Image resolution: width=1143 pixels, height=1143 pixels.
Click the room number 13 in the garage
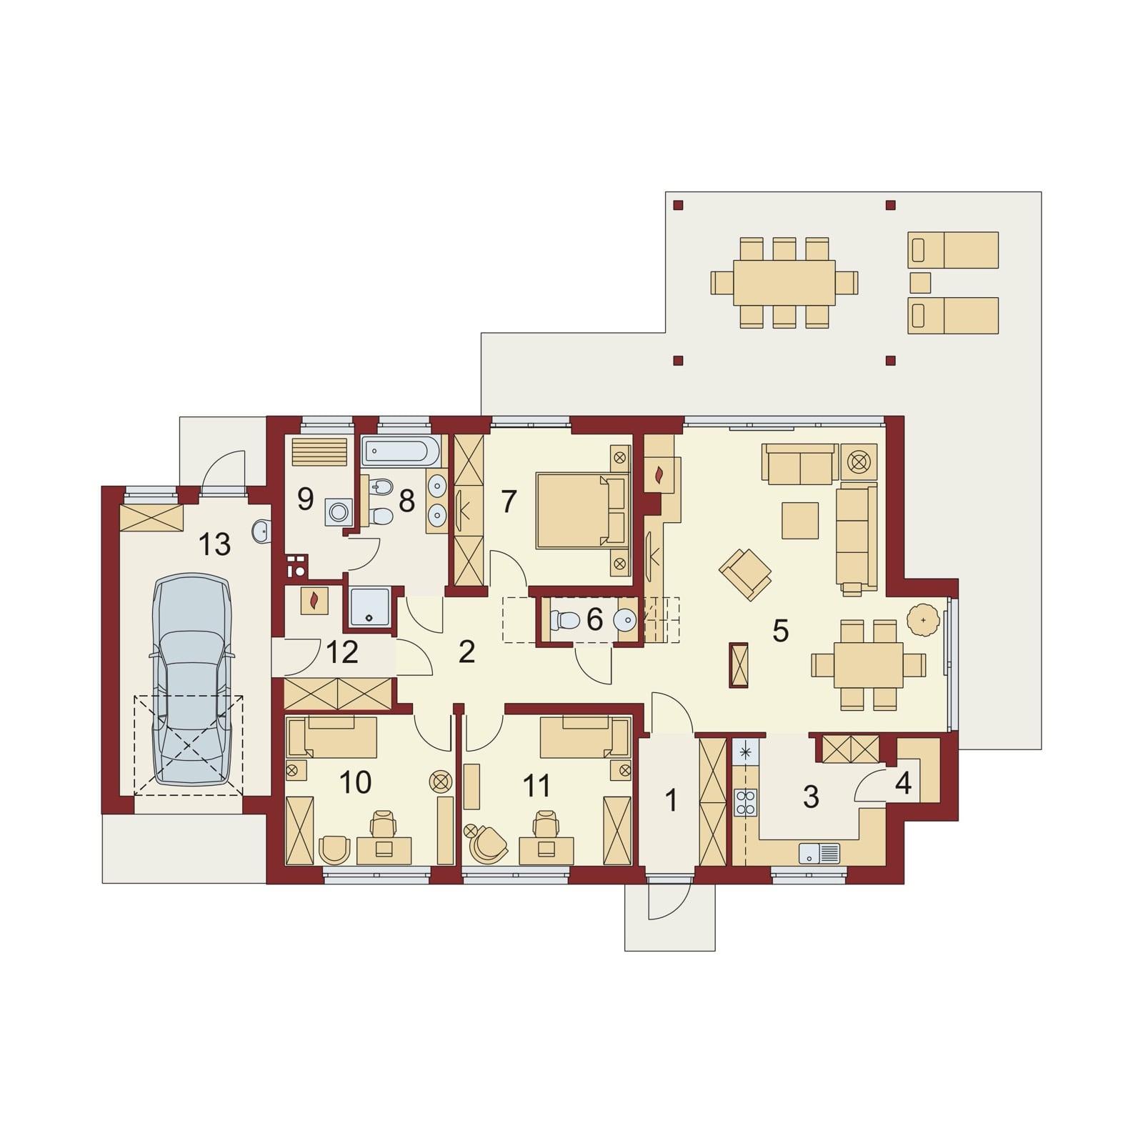pos(214,544)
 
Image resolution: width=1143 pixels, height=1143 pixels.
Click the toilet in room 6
pos(564,619)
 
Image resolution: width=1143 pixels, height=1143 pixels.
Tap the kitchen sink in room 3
pos(819,853)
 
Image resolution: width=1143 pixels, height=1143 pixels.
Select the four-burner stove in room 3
pos(746,802)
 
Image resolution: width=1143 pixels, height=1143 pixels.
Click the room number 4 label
pos(903,784)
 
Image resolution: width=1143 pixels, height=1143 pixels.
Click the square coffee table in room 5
pos(800,521)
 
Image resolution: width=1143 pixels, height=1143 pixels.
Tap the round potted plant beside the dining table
pos(924,619)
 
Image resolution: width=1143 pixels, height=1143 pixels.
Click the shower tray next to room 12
pos(369,607)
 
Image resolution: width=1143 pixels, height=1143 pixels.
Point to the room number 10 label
pos(355,783)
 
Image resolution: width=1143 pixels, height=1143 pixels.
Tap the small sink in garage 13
pos(262,531)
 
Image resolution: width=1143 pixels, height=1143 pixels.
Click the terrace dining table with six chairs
pos(784,283)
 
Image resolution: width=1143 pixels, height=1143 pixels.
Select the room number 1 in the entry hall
pos(671,801)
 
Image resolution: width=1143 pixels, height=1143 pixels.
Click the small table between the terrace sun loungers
pos(920,283)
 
